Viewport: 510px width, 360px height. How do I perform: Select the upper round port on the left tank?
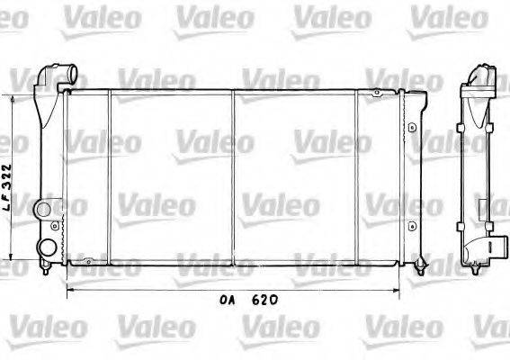[43, 211]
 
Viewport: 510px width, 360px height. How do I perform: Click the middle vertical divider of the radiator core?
[233, 175]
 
